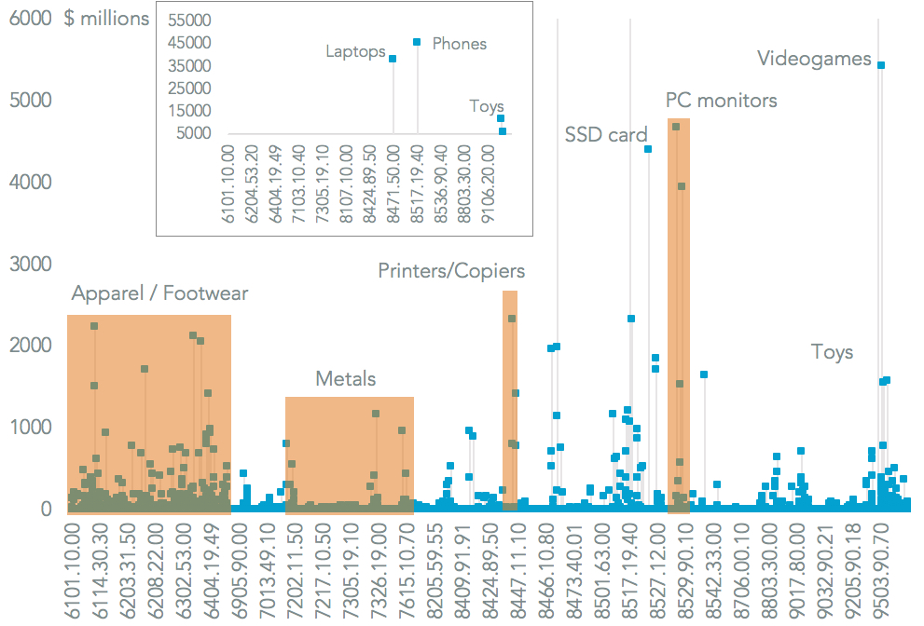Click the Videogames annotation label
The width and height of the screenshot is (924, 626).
click(x=814, y=59)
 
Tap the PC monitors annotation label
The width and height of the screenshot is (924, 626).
click(x=721, y=100)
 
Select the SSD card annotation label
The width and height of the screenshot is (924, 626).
click(x=606, y=135)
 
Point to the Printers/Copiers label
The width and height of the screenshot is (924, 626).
click(x=451, y=271)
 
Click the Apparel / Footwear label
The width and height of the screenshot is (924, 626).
click(x=160, y=294)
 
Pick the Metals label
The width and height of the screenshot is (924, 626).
click(x=346, y=378)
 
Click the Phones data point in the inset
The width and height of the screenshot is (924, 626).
click(x=417, y=42)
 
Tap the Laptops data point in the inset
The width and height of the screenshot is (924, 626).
click(x=393, y=59)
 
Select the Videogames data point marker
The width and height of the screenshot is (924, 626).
click(x=881, y=65)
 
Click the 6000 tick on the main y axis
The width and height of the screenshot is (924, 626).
click(x=30, y=18)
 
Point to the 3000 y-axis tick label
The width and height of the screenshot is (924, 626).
click(x=30, y=264)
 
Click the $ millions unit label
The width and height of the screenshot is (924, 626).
click(x=106, y=18)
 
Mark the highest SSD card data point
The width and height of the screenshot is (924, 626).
click(x=648, y=149)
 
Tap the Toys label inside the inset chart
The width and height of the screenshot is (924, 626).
click(x=487, y=106)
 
